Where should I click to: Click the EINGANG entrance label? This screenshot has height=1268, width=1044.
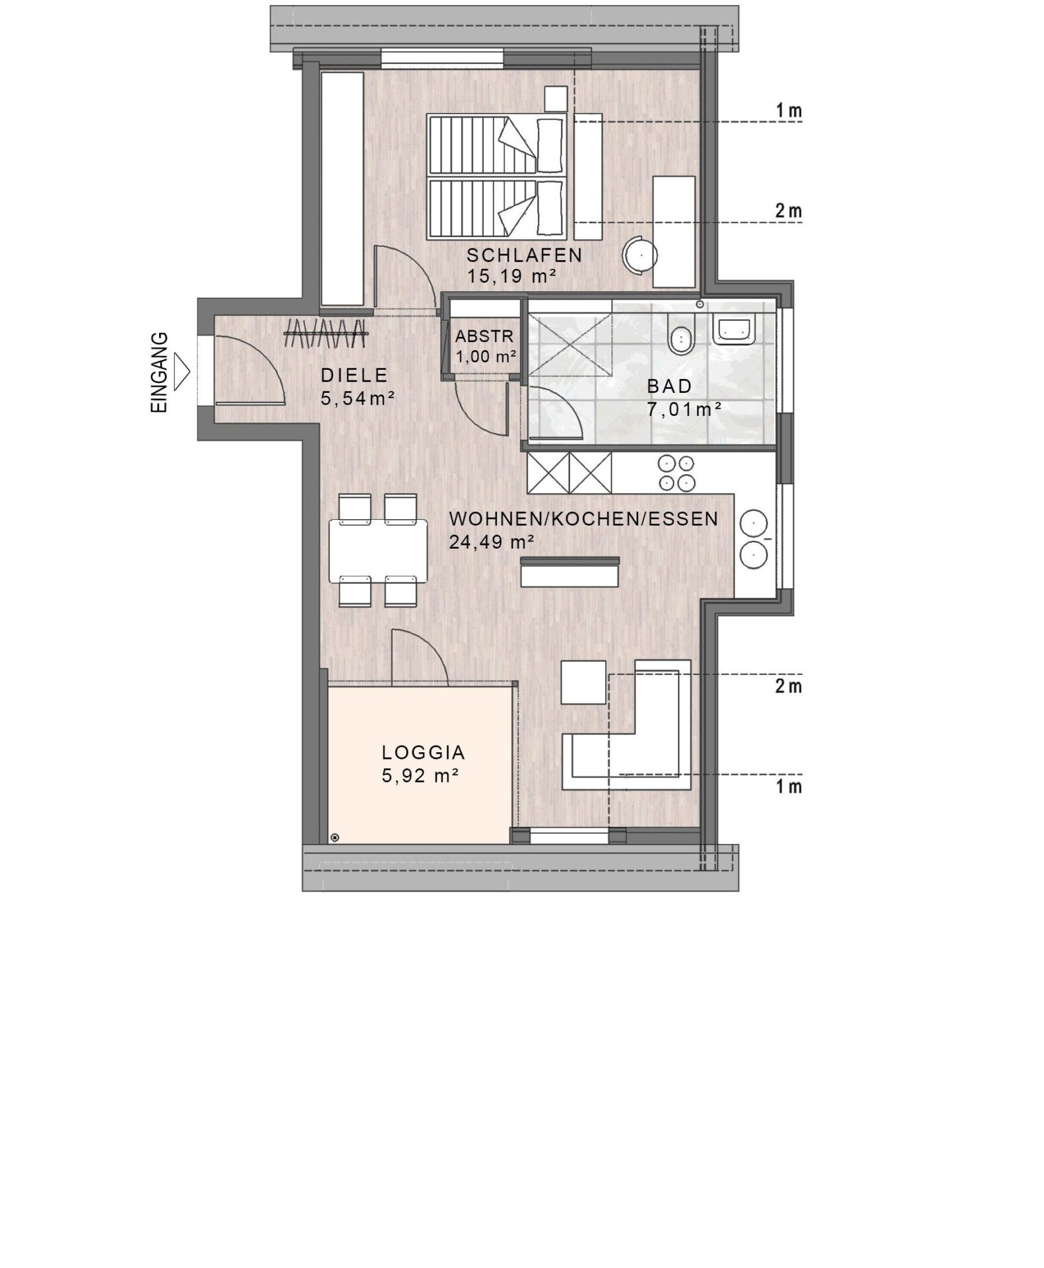click(160, 373)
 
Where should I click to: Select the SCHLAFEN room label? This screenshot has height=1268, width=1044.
click(525, 255)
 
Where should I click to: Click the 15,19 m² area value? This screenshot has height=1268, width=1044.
click(512, 276)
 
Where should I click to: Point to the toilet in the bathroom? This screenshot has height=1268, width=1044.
click(680, 337)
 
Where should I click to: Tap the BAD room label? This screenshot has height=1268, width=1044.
click(669, 386)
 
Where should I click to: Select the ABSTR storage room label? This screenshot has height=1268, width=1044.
click(484, 336)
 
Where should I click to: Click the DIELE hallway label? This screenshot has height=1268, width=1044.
click(354, 375)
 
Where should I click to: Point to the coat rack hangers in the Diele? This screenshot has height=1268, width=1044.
click(326, 334)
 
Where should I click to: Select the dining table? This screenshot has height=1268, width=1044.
click(378, 551)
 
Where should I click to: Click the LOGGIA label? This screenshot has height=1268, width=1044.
click(424, 752)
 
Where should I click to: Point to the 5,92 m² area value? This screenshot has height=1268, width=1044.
click(420, 775)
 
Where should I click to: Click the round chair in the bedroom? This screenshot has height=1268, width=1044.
click(641, 255)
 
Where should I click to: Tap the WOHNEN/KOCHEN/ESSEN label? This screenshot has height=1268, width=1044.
click(583, 518)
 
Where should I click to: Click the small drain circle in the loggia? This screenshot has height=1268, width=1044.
click(335, 837)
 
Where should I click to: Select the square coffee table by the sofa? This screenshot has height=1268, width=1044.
click(583, 682)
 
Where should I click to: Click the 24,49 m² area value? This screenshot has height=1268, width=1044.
click(492, 542)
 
